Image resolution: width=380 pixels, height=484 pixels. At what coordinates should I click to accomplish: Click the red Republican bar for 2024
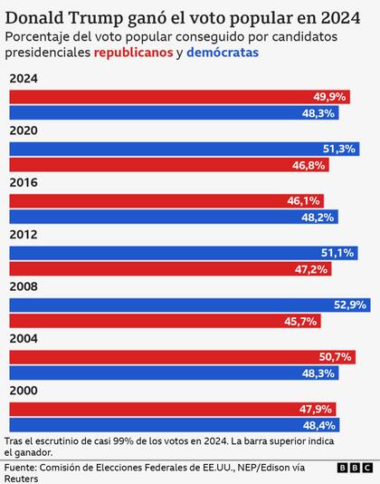click(x=181, y=96)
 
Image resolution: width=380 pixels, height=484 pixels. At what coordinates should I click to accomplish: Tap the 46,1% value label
click(x=328, y=200)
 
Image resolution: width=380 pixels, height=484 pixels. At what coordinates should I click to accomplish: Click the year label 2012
click(x=23, y=234)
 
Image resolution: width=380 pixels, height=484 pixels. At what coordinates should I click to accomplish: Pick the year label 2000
click(x=23, y=390)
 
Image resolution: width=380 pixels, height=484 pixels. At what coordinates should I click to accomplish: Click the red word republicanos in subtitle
click(x=134, y=53)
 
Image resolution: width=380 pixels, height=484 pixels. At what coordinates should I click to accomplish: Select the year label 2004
click(x=23, y=338)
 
